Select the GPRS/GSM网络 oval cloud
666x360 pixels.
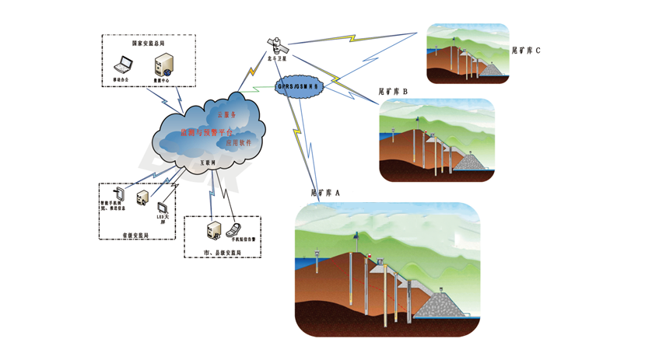[x=300, y=86]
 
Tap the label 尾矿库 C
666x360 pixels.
[x=526, y=51]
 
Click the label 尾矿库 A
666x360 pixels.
[x=325, y=192]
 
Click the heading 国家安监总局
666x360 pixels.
[x=148, y=44]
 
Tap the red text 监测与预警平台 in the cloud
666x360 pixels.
[x=206, y=134]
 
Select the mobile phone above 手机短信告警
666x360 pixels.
[x=232, y=229]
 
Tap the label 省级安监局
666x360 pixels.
[x=135, y=233]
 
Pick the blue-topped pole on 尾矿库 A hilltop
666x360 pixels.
[x=356, y=235]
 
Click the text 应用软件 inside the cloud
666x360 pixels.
[x=238, y=144]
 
